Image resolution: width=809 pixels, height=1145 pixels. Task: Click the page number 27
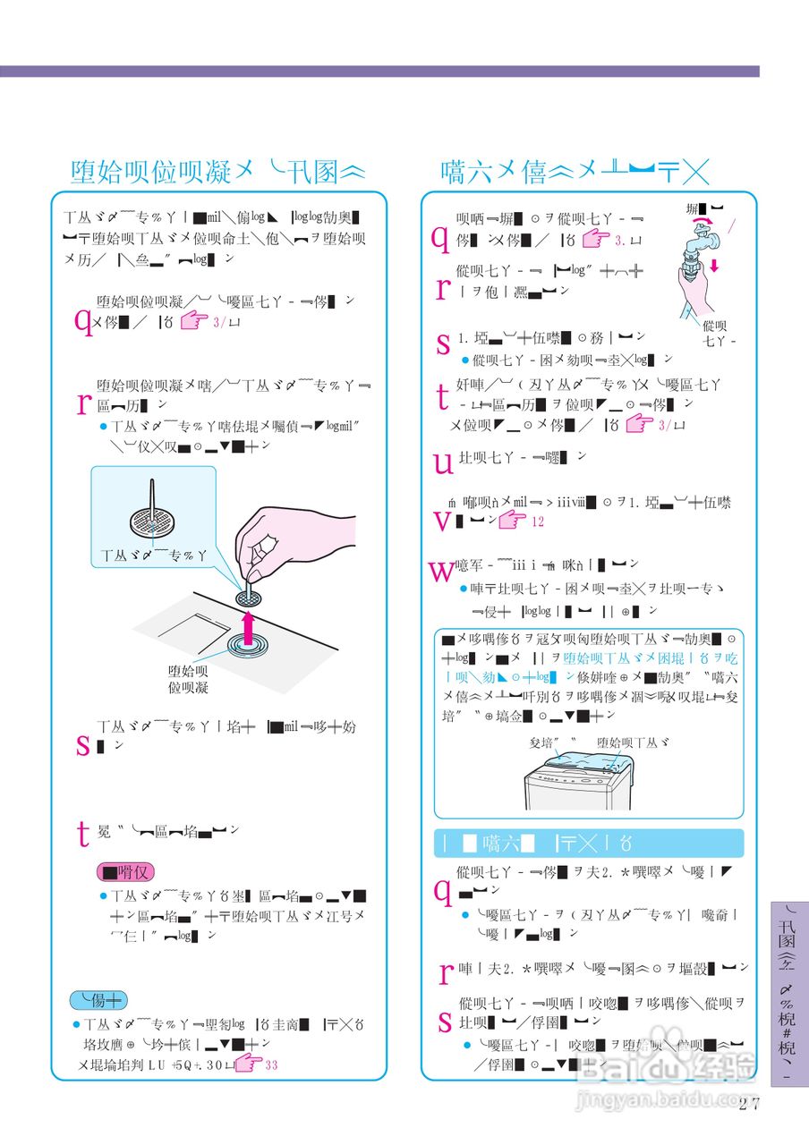tap(749, 1102)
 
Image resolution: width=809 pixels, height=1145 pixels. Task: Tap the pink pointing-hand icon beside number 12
tap(513, 520)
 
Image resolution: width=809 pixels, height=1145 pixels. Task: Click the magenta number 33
tap(271, 1065)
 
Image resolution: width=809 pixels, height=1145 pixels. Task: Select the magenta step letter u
tap(442, 462)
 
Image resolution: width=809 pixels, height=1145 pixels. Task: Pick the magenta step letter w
tap(442, 571)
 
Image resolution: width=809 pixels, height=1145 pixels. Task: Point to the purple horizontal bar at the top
tap(379, 71)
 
